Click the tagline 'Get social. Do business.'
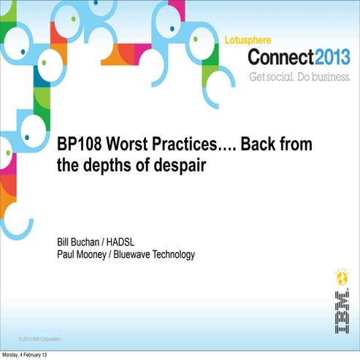299,76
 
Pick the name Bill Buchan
82,242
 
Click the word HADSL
134,242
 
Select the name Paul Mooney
86,254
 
